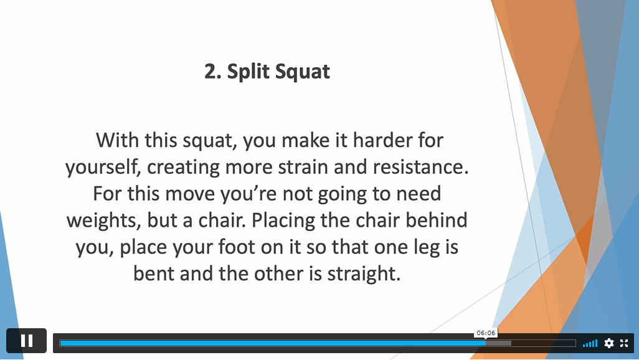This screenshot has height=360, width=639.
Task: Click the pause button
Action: (x=27, y=341)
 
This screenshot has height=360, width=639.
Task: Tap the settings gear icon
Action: (x=609, y=343)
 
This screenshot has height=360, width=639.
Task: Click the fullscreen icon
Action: (x=624, y=343)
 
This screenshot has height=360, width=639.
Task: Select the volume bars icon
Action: (x=590, y=343)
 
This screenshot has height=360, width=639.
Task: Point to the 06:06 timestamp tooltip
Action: (x=486, y=333)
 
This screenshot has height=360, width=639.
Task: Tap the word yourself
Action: (x=103, y=168)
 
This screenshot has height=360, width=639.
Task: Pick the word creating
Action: (x=183, y=168)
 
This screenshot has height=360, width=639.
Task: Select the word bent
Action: (x=154, y=273)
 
